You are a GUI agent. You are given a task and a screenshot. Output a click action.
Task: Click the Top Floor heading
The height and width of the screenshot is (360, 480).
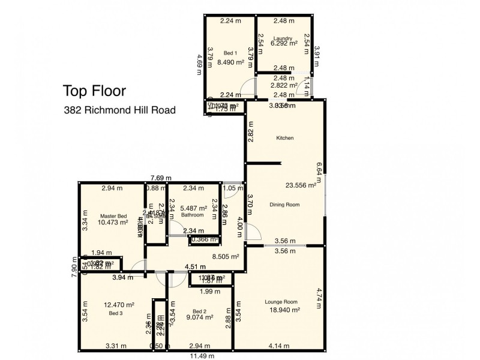click(94, 91)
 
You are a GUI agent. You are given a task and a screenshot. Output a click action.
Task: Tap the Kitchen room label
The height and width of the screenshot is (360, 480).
click(284, 138)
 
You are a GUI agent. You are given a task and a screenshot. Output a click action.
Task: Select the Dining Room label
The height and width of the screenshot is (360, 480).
click(284, 205)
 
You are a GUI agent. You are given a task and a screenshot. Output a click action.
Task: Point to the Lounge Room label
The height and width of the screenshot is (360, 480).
click(281, 302)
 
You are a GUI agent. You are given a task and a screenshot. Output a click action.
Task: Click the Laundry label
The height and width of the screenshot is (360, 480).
click(282, 37)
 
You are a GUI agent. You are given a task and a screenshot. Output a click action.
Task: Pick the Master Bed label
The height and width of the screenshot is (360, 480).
click(113, 215)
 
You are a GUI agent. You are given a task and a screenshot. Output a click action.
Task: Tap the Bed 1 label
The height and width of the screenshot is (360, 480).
click(230, 53)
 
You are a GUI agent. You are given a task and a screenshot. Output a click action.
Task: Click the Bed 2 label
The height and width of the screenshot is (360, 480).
click(200, 311)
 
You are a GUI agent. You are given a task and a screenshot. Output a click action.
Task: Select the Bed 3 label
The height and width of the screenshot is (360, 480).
click(116, 313)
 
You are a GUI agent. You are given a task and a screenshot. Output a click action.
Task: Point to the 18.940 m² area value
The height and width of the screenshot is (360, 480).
click(281, 310)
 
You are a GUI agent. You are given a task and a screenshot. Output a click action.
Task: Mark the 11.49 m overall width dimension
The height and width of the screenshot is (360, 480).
click(200, 356)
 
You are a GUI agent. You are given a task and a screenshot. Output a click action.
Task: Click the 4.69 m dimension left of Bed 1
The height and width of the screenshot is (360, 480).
click(199, 64)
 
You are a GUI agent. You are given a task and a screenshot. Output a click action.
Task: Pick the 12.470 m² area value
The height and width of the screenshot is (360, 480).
click(117, 305)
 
